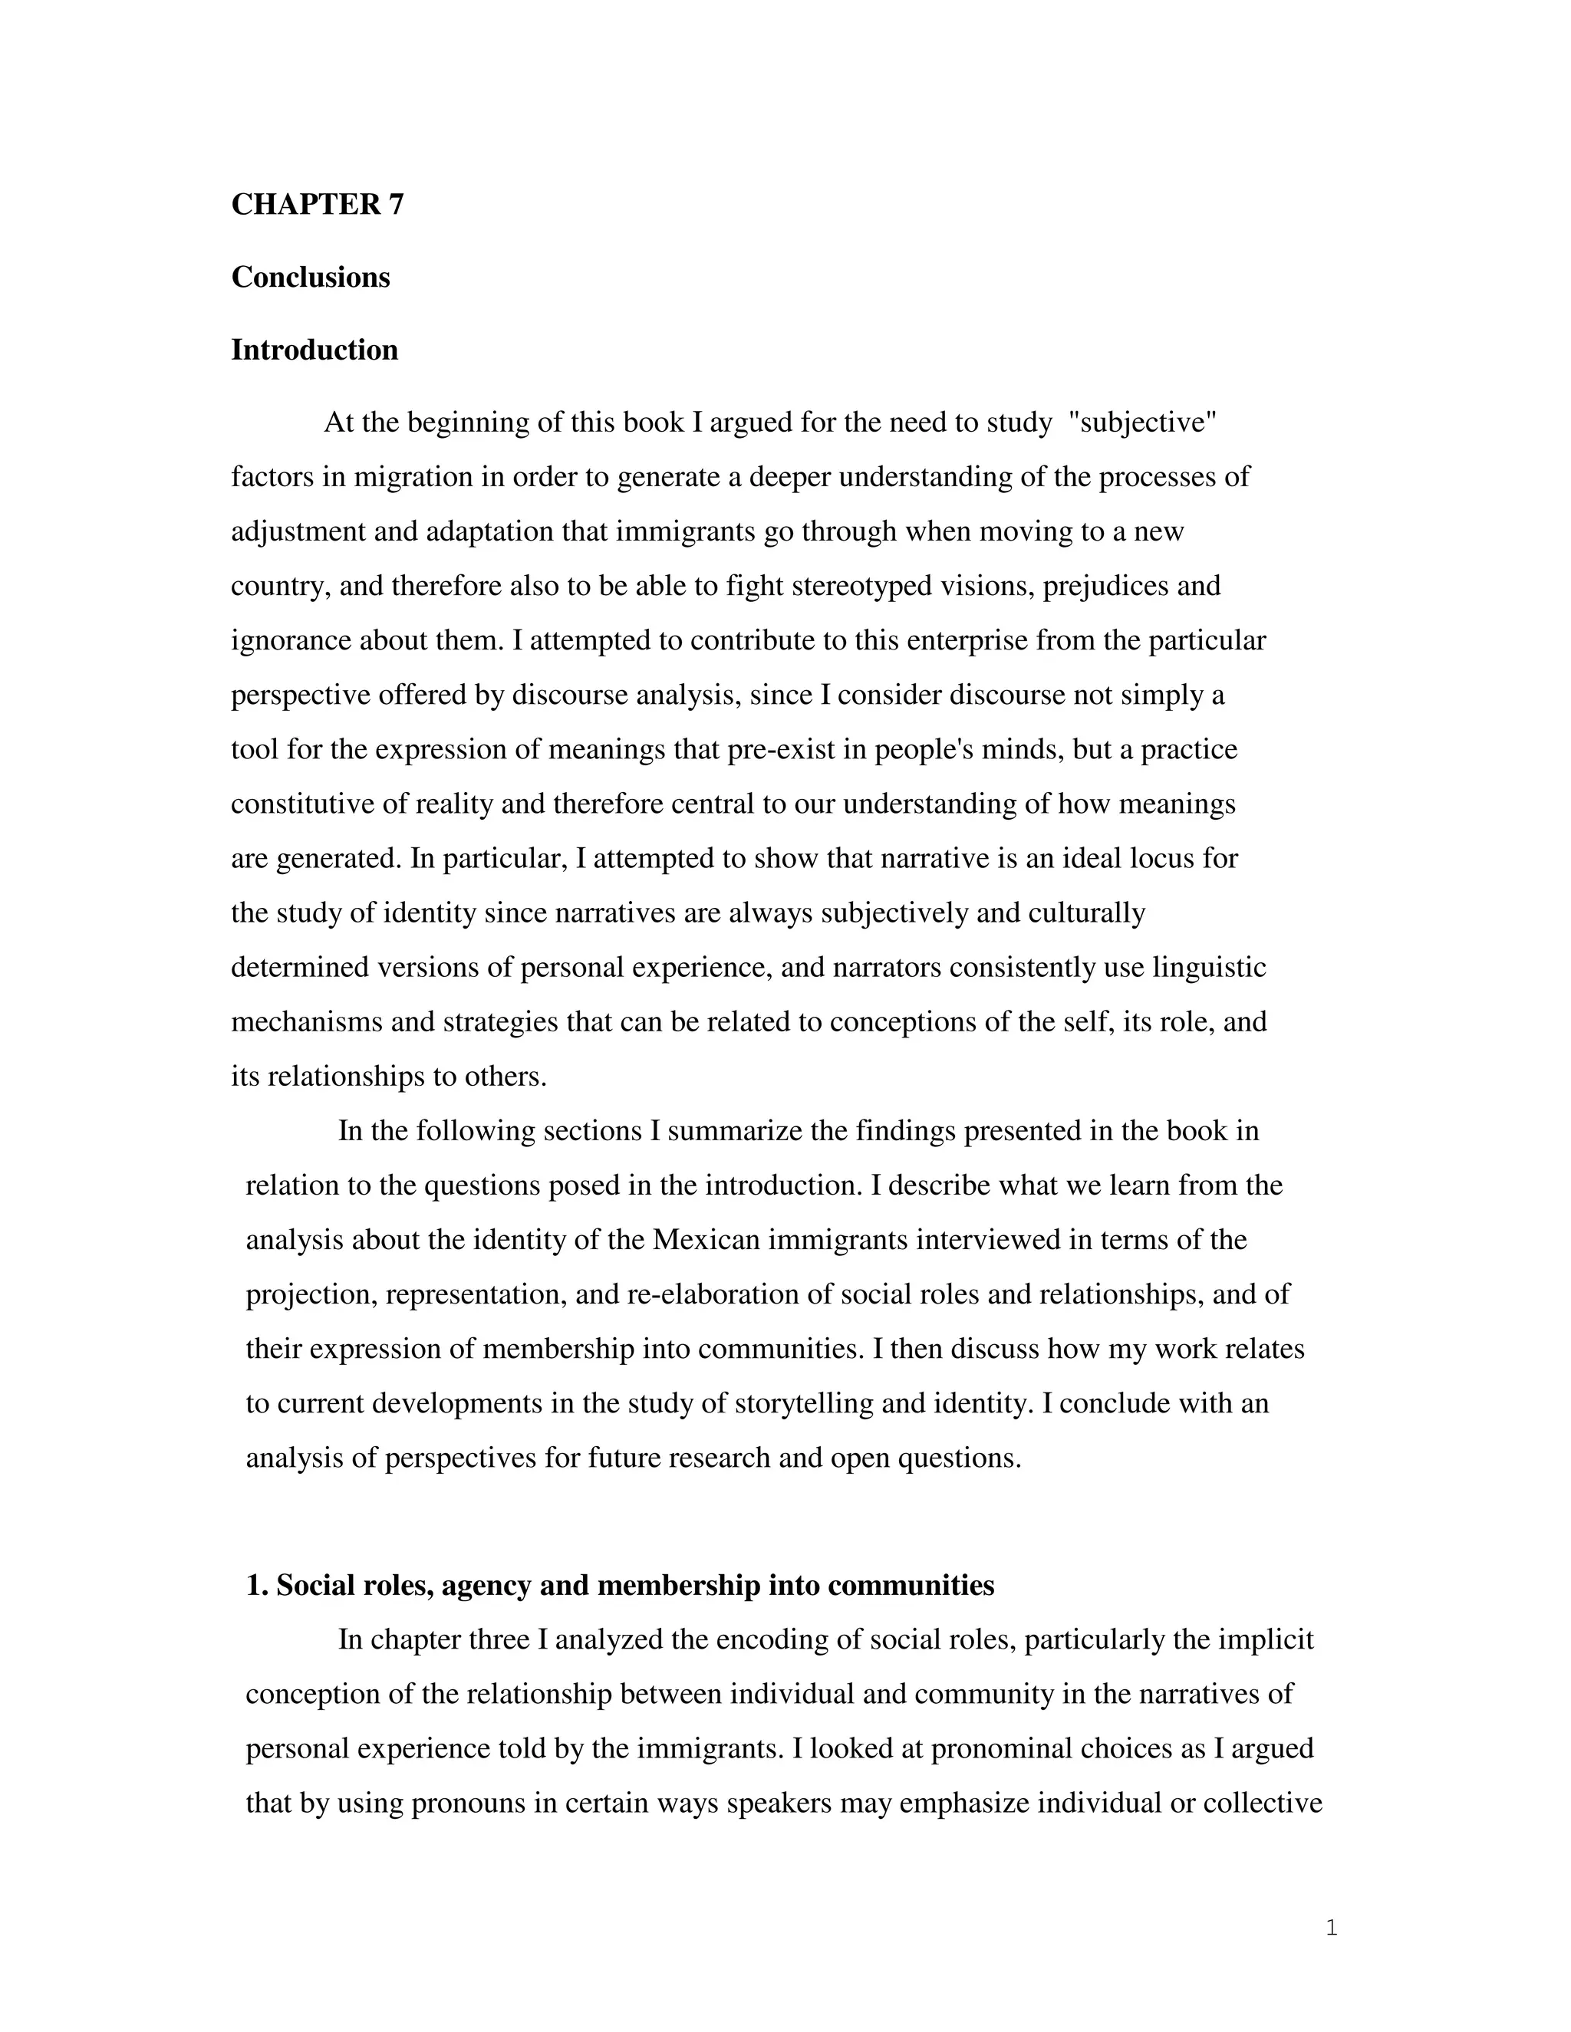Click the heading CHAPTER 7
click(x=318, y=205)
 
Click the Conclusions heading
click(x=310, y=278)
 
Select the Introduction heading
click(x=315, y=350)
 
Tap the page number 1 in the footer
click(x=1331, y=1928)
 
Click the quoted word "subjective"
click(x=1143, y=423)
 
